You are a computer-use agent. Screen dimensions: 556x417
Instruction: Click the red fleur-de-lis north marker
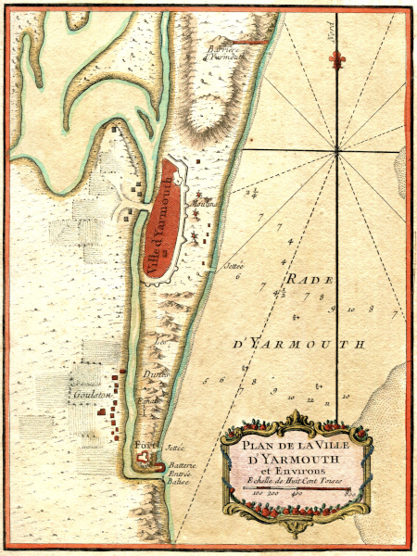[338, 60]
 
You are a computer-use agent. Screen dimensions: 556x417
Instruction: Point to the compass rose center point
[337, 150]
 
